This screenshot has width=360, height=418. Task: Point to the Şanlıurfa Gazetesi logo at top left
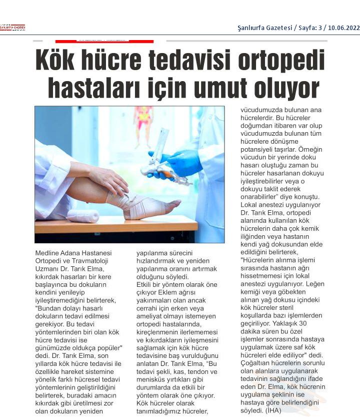[x=12, y=28]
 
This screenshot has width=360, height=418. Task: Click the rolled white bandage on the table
[x=83, y=216]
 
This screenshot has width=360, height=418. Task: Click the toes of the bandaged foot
[x=170, y=205]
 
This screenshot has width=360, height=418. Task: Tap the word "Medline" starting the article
[x=47, y=253]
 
